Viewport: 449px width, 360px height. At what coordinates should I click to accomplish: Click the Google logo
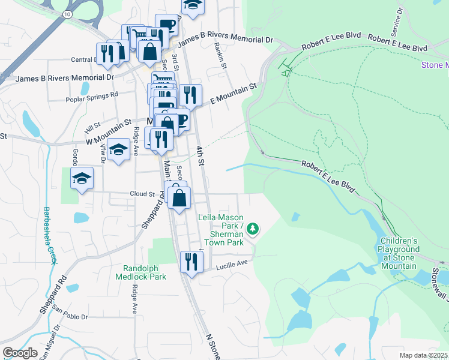[20, 353]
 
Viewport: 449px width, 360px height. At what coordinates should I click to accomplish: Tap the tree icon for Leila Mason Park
[253, 228]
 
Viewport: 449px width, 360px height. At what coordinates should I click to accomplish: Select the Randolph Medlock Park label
[144, 272]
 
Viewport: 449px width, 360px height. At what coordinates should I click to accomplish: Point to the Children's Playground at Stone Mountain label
[399, 253]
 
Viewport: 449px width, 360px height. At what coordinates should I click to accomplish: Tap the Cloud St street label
[142, 194]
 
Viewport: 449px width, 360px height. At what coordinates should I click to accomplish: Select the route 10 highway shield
[67, 13]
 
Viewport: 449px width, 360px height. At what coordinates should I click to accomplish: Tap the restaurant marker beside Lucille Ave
[191, 262]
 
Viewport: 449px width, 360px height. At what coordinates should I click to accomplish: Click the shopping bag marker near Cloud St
[179, 197]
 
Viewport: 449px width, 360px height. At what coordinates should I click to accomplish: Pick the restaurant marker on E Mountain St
[190, 94]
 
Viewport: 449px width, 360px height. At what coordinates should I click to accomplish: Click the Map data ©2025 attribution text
[423, 355]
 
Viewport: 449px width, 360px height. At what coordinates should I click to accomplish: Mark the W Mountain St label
[109, 132]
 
